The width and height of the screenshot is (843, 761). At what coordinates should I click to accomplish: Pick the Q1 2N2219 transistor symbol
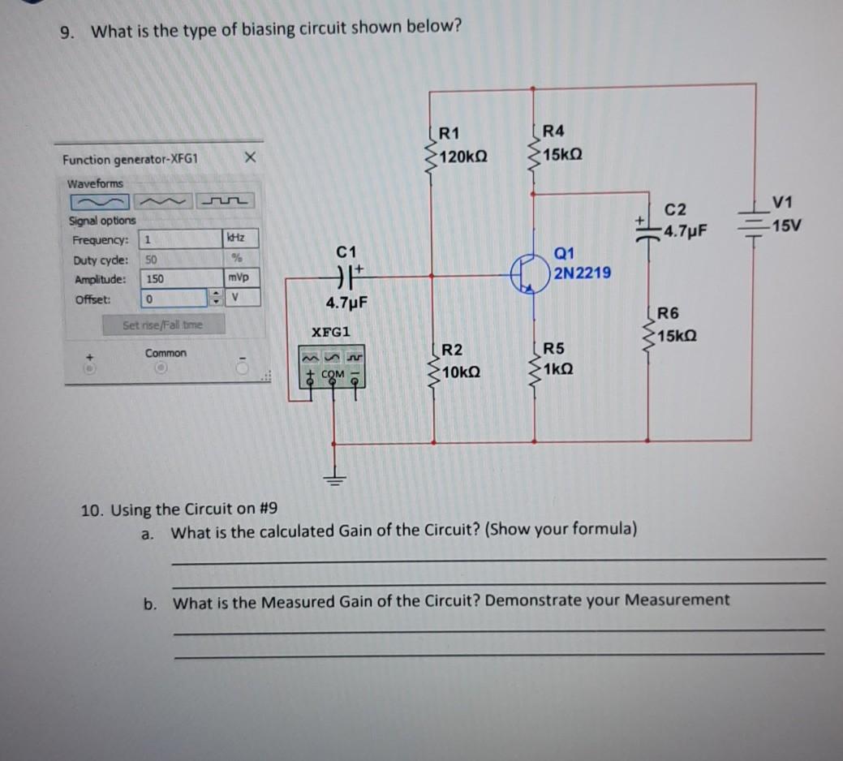pyautogui.click(x=527, y=273)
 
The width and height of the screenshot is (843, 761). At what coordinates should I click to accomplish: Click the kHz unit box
pyautogui.click(x=239, y=239)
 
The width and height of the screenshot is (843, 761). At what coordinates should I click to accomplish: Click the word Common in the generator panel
pyautogui.click(x=166, y=353)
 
